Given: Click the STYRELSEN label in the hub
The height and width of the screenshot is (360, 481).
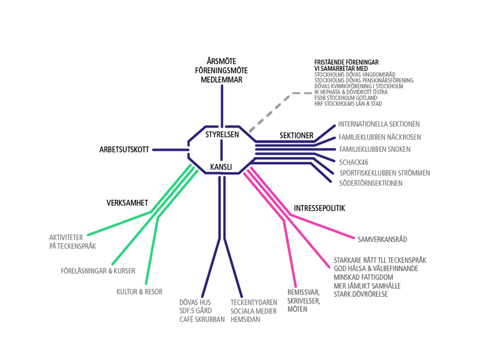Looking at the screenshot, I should [x=222, y=135].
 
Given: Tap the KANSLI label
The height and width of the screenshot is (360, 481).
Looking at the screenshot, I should [x=221, y=167].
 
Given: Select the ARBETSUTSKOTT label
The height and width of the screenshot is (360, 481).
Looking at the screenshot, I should [x=124, y=150].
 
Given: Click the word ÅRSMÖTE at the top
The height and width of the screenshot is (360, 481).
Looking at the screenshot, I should [x=221, y=61].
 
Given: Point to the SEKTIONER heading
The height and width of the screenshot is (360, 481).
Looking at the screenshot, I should [x=296, y=135].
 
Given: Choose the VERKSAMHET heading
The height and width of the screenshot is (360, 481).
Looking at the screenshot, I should [x=127, y=203].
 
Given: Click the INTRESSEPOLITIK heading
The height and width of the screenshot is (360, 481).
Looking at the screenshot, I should [x=319, y=208].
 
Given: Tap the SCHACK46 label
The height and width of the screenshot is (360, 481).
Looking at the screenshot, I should [x=353, y=162].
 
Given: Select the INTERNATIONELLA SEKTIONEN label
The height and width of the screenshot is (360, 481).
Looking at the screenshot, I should [x=379, y=124].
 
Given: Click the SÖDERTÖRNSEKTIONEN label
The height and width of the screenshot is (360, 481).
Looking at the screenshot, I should [x=371, y=183].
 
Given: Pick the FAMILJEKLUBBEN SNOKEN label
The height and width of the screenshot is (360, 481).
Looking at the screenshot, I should [x=375, y=149].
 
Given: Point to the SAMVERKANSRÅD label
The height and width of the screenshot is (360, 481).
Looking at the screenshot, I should [x=382, y=239].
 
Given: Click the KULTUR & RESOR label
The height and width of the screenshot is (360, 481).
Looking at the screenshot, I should [x=139, y=292].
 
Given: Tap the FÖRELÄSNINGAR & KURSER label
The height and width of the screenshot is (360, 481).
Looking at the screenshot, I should [x=98, y=271].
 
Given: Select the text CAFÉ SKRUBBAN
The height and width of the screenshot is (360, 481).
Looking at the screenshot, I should [x=202, y=319].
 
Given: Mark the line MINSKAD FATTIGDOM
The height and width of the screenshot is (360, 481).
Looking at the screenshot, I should [x=363, y=277].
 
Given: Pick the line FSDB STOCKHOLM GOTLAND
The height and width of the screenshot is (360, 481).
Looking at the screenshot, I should [x=346, y=98].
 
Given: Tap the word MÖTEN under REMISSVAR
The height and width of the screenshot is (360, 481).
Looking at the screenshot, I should [x=297, y=309].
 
